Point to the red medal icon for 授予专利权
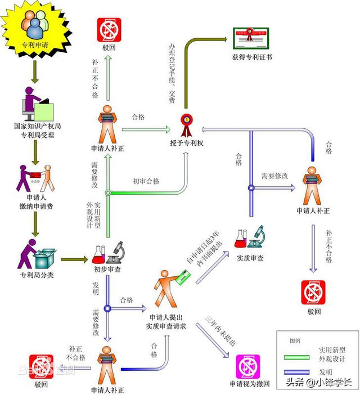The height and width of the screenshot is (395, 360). click(186, 121)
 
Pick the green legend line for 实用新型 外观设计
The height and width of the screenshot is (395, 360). click(300, 358)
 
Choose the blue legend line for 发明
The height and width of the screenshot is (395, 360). click(300, 372)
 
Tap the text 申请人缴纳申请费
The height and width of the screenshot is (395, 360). click(34, 203)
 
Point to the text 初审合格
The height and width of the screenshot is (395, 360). click(146, 181)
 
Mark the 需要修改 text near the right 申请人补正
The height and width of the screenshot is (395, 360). click(274, 176)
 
